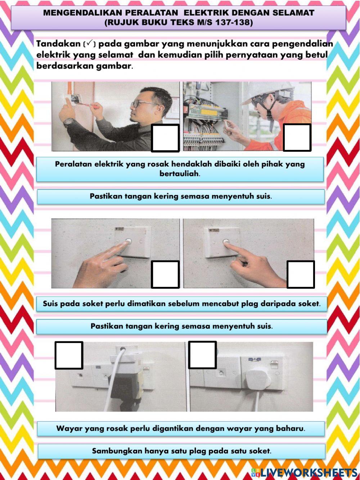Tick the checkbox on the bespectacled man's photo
click(x=165, y=138)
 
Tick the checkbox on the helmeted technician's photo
click(x=297, y=137)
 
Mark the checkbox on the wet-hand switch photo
click(x=165, y=275)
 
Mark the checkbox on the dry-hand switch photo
click(x=301, y=274)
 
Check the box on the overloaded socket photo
click(x=69, y=355)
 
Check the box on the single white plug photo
click(x=202, y=355)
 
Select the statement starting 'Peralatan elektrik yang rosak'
click(x=180, y=169)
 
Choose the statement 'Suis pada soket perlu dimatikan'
click(x=181, y=304)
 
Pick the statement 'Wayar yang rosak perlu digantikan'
click(x=181, y=428)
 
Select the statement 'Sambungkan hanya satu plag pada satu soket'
click(x=181, y=451)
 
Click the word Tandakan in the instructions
click(x=58, y=44)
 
